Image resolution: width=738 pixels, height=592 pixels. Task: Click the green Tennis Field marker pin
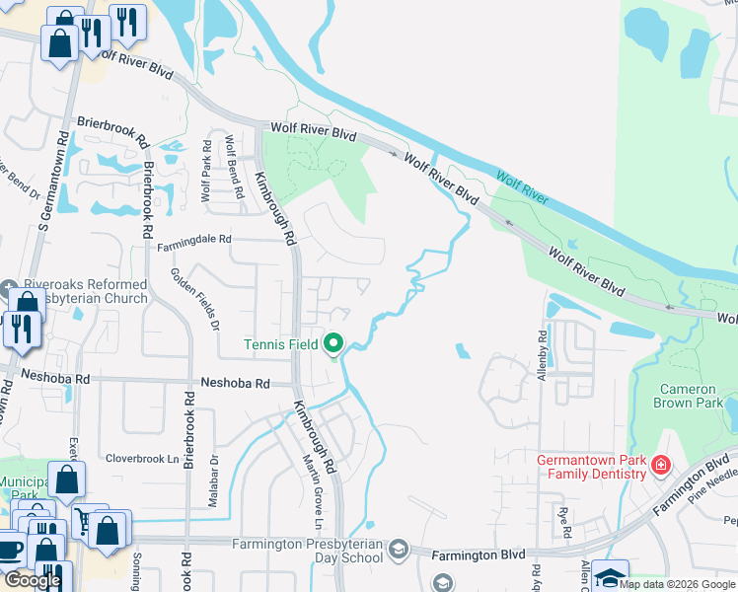[333, 344]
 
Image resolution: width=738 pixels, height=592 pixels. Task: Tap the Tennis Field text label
[281, 344]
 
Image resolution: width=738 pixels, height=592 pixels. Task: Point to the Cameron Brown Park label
[690, 395]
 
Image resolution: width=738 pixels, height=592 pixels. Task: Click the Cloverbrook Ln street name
[142, 458]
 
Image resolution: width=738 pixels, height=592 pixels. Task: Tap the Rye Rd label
[564, 520]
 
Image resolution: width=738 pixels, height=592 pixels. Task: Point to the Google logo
[33, 579]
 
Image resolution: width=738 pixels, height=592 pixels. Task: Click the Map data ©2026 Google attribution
[677, 584]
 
